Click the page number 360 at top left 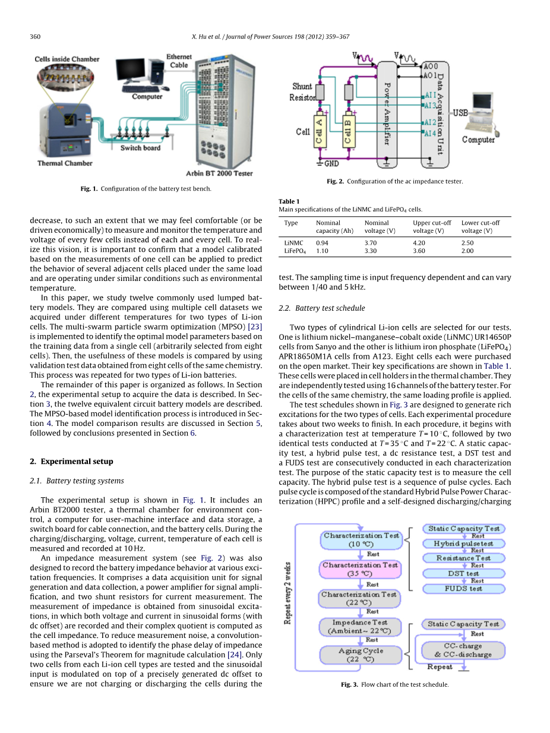pos(35,37)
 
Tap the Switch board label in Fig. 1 pos(140,148)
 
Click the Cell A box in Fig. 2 pos(319,130)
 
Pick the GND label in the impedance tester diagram pos(331,163)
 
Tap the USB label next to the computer pos(461,112)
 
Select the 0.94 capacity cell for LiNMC pos(322,243)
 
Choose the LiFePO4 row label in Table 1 pos(293,251)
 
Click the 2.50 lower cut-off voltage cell pos(467,243)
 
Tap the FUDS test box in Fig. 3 pos(464,588)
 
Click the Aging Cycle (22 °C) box pos(361,655)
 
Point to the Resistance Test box pos(464,558)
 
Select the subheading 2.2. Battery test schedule pos(321,308)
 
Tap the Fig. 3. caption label pos(349,684)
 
